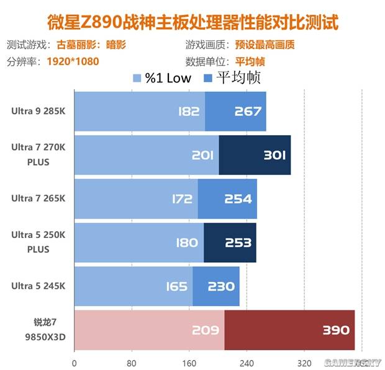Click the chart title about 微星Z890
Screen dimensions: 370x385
(x=192, y=22)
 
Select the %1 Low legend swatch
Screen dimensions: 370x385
(x=137, y=79)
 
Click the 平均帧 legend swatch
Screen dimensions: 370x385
(x=208, y=79)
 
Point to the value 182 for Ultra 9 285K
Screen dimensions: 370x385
(x=188, y=112)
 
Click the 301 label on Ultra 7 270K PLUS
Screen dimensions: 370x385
(x=274, y=156)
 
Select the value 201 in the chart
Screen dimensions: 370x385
(x=202, y=156)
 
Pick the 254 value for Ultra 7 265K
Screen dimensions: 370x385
(x=238, y=199)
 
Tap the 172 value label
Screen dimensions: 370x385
(x=181, y=199)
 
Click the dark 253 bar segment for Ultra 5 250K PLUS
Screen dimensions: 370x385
(x=230, y=242)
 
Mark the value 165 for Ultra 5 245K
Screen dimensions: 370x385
(x=176, y=286)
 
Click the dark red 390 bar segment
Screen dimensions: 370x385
(x=289, y=330)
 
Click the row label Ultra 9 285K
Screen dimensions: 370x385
(x=38, y=112)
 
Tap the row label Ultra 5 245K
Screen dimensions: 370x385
(x=38, y=286)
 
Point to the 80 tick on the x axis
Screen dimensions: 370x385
(x=132, y=363)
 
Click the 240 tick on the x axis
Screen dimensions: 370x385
(x=247, y=363)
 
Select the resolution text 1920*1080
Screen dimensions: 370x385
(x=73, y=61)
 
